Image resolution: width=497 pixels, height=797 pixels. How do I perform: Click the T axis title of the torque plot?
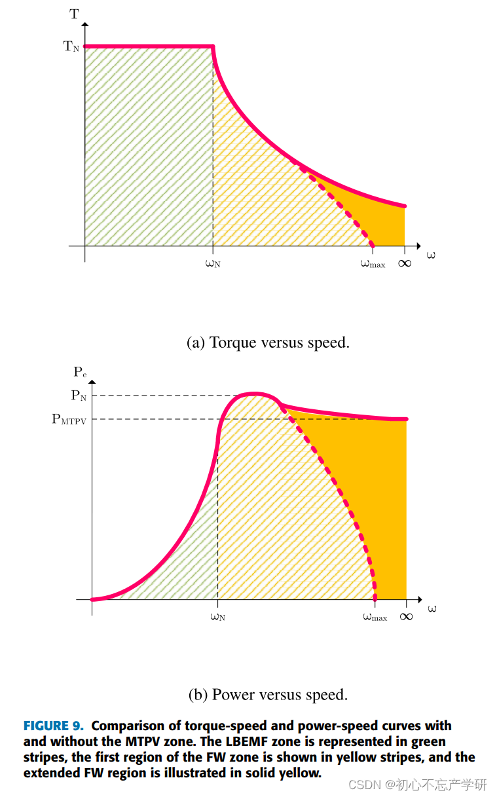click(74, 14)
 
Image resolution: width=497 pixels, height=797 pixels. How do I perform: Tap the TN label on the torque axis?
click(71, 46)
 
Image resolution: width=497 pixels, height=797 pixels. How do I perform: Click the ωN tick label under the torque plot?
click(213, 264)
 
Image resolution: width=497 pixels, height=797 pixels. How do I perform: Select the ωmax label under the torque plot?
click(373, 264)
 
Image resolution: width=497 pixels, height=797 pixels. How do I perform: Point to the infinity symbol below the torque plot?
click(405, 263)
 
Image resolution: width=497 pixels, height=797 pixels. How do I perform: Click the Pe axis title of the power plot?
click(80, 372)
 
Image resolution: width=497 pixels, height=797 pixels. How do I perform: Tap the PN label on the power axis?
click(79, 396)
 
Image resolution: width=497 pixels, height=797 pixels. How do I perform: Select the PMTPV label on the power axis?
click(69, 419)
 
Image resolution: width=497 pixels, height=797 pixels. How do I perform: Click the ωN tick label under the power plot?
click(218, 617)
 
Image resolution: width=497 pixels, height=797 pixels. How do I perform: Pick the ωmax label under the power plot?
click(375, 617)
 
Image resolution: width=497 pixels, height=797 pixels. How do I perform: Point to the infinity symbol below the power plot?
click(406, 616)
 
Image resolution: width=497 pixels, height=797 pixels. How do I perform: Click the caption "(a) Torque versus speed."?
click(268, 343)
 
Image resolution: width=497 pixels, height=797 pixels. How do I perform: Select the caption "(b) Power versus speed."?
click(268, 695)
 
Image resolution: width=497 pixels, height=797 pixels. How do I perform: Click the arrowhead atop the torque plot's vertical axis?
click(85, 24)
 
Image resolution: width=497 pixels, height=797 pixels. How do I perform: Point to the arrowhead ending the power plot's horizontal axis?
click(420, 599)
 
